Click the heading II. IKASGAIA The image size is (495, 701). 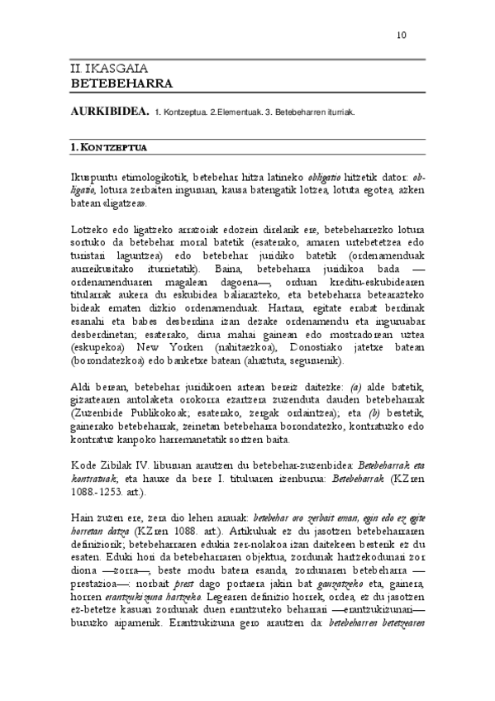click(x=102, y=71)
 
